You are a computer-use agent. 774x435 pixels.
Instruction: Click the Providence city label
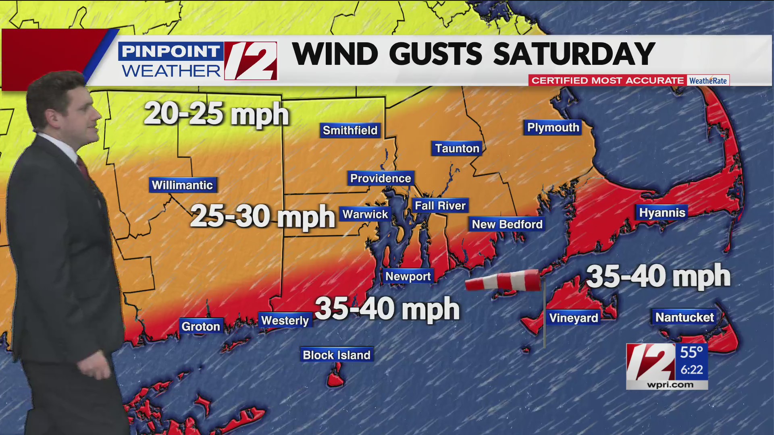coord(381,178)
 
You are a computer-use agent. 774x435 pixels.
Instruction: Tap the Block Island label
coord(337,355)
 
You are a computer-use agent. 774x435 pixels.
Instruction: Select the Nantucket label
coord(685,317)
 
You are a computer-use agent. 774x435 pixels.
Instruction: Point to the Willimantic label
coord(182,185)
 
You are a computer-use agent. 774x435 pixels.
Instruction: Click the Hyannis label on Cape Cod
coord(662,212)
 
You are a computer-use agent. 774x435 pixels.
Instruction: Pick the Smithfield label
coord(350,130)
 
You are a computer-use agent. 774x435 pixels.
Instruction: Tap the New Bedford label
coord(507,224)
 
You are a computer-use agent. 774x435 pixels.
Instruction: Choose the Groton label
coord(201,326)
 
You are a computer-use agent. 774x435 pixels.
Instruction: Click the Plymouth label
coord(553,127)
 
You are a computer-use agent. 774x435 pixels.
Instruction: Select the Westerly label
coord(285,320)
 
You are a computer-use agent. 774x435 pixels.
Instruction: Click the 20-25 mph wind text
coord(216,114)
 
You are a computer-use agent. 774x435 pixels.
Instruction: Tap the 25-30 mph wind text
coord(262,216)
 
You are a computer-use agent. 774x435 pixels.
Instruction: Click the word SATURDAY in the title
coord(574,54)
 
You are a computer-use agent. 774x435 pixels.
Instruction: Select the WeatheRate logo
coord(708,81)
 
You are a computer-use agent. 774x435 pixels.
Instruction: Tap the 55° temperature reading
coord(691,352)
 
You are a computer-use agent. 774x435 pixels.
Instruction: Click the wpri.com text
coord(670,385)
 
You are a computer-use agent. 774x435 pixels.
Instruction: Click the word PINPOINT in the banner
coord(171,51)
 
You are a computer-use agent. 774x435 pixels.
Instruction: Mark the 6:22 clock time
coord(691,369)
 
